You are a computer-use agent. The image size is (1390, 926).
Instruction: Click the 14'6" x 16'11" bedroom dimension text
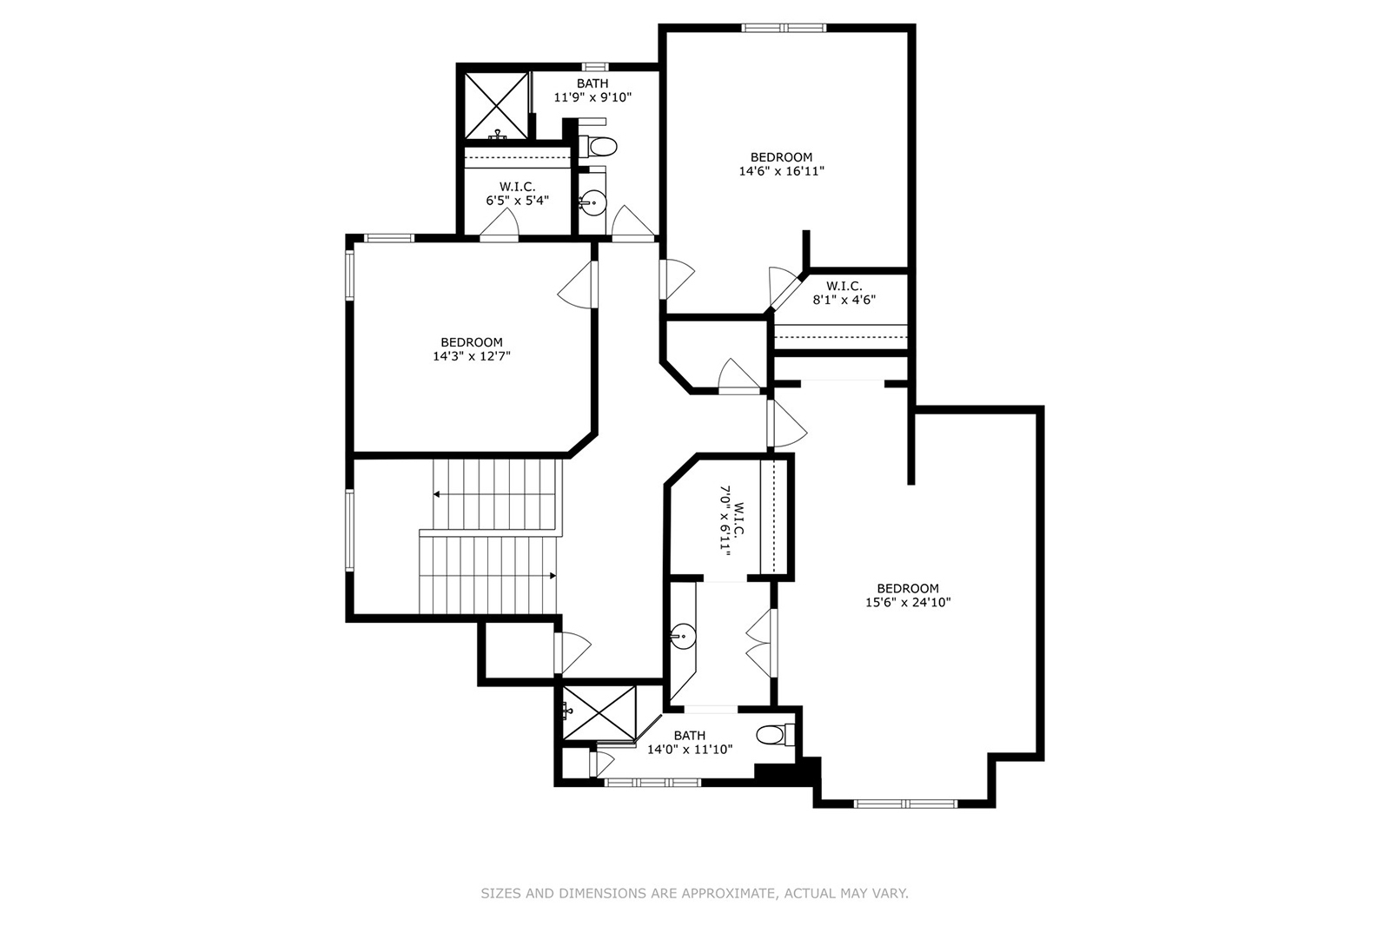[781, 171]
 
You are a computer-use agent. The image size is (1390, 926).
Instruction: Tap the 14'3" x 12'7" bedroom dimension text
[471, 356]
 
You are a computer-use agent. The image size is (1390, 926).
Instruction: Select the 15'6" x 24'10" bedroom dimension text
[908, 602]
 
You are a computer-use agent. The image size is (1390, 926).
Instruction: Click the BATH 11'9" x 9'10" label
[592, 90]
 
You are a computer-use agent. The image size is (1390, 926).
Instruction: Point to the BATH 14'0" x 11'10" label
[690, 743]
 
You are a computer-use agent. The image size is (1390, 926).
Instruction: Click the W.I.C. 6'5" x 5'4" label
[517, 194]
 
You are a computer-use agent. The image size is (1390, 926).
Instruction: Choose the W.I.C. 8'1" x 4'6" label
[844, 293]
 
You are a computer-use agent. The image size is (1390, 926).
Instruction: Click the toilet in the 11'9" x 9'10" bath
[599, 145]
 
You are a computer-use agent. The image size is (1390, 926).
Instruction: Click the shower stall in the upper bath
[496, 106]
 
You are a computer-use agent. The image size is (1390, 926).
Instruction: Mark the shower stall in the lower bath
[599, 713]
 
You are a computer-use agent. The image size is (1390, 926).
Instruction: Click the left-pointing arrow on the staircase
[436, 494]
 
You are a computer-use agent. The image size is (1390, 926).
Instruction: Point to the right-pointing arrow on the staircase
[553, 575]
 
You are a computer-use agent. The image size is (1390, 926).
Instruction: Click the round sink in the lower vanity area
[684, 637]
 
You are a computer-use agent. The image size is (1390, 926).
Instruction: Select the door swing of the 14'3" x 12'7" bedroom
[575, 283]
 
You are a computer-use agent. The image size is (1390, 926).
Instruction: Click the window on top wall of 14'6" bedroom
[784, 28]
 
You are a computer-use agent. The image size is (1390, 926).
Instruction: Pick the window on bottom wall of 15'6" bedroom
[905, 804]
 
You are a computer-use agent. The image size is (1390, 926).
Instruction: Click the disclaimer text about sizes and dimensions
[694, 893]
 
